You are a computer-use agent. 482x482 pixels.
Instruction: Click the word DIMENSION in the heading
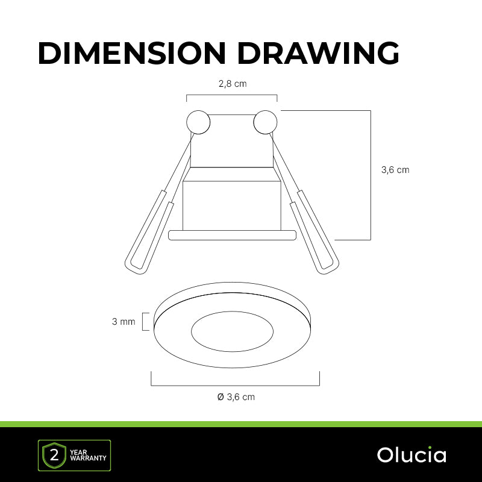(x=132, y=53)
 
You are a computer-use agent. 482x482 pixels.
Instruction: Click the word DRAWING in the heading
(x=318, y=53)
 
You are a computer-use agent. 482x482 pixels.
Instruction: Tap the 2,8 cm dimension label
(x=233, y=84)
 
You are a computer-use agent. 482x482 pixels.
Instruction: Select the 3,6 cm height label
(x=395, y=170)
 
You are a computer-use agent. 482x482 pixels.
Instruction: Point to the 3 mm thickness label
(x=124, y=322)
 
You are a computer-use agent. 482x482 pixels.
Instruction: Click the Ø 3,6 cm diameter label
(x=236, y=397)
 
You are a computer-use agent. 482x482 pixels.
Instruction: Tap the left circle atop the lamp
(x=198, y=122)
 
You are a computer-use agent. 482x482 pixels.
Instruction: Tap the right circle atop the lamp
(x=265, y=122)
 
